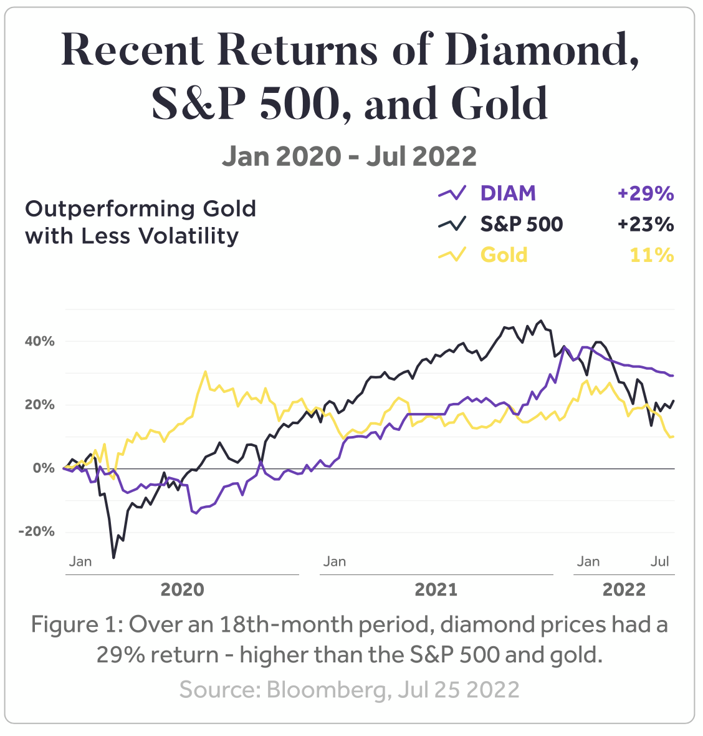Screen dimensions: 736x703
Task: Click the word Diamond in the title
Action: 542,50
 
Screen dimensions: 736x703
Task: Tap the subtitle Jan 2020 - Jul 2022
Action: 349,156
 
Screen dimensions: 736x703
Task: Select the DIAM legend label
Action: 508,193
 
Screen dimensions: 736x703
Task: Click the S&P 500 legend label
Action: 521,225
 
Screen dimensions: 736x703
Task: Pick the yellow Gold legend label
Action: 504,255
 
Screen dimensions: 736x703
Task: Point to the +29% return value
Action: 646,193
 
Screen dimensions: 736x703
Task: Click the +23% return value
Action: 646,225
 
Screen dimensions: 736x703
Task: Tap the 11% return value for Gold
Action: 652,255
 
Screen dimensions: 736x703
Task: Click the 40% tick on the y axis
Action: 40,341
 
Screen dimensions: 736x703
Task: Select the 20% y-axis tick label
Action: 40,405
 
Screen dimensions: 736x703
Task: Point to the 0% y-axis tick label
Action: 44,468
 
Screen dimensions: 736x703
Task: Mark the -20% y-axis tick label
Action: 37,532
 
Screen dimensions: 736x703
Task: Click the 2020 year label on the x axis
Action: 182,589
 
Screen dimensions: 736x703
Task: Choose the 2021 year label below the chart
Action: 436,589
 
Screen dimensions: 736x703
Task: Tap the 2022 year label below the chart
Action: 624,589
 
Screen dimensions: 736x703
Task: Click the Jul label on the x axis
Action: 660,561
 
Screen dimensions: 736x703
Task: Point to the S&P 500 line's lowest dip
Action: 113,557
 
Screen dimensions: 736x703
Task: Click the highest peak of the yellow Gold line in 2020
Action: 206,372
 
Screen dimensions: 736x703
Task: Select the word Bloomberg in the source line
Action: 325,689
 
